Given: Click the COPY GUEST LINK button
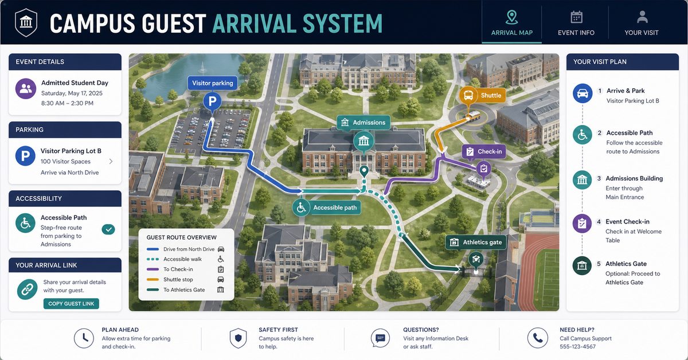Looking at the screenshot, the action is coord(71,303).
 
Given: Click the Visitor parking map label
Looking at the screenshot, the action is coord(213,83).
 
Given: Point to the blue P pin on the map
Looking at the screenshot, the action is coord(212,101).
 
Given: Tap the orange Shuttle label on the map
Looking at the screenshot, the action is coord(483,95).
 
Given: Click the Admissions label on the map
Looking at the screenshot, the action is coord(363,123).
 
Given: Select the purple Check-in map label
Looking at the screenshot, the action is coord(484,151).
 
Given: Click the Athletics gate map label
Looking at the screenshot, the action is coord(476,242).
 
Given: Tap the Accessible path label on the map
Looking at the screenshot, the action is coord(327,208).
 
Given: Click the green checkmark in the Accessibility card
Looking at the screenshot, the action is coord(108,229).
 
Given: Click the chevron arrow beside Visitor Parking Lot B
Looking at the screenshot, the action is coord(111,161).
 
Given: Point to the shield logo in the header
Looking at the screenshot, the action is coord(26,22).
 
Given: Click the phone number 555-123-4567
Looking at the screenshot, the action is coord(577,346).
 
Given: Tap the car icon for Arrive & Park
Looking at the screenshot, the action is coord(583,93).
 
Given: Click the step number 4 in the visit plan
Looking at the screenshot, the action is coord(599,222).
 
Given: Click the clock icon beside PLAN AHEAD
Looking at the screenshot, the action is coord(84,338).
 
